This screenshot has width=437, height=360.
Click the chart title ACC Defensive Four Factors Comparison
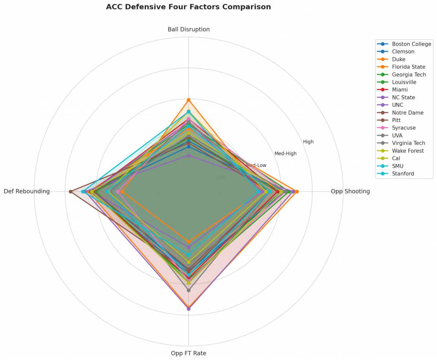point(188,7)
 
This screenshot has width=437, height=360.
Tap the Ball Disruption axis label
point(189,29)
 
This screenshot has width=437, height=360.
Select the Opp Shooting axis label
point(350,192)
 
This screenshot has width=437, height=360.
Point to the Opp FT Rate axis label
point(189,353)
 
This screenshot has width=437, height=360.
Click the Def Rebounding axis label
point(27,192)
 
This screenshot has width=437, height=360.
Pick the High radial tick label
point(308,142)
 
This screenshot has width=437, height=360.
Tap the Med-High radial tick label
point(286,154)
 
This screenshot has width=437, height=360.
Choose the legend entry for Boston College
point(411,44)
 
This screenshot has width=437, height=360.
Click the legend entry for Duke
point(399,59)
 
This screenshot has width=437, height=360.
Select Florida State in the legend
point(408,67)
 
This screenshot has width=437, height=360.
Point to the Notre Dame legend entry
point(408,113)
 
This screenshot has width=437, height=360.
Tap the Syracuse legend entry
point(404,128)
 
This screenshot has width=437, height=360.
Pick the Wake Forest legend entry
point(408,151)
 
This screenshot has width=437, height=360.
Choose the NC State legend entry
point(403,98)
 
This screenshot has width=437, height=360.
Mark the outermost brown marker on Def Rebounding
point(70,192)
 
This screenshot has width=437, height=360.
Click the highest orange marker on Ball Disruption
point(189,100)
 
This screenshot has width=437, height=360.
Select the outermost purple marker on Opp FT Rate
point(189,309)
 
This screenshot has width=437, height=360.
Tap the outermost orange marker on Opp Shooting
point(297,192)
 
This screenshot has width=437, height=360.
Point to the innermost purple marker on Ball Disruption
point(189,156)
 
